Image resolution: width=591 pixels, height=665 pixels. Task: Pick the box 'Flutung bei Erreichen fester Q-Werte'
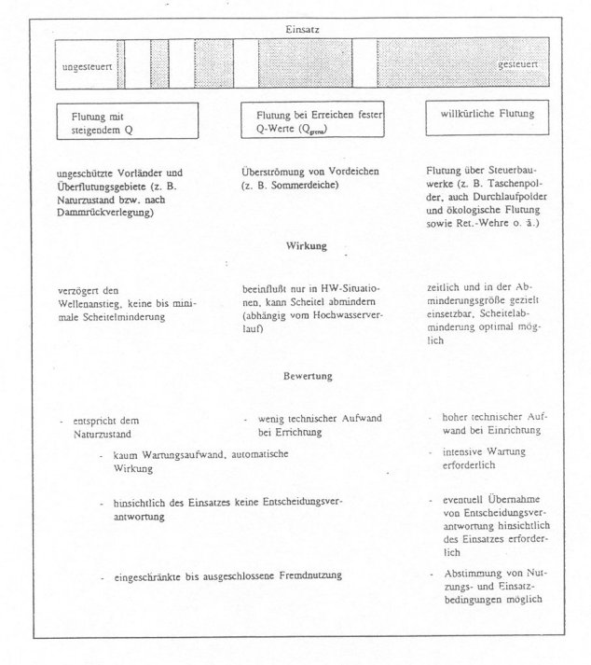click(x=313, y=121)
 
